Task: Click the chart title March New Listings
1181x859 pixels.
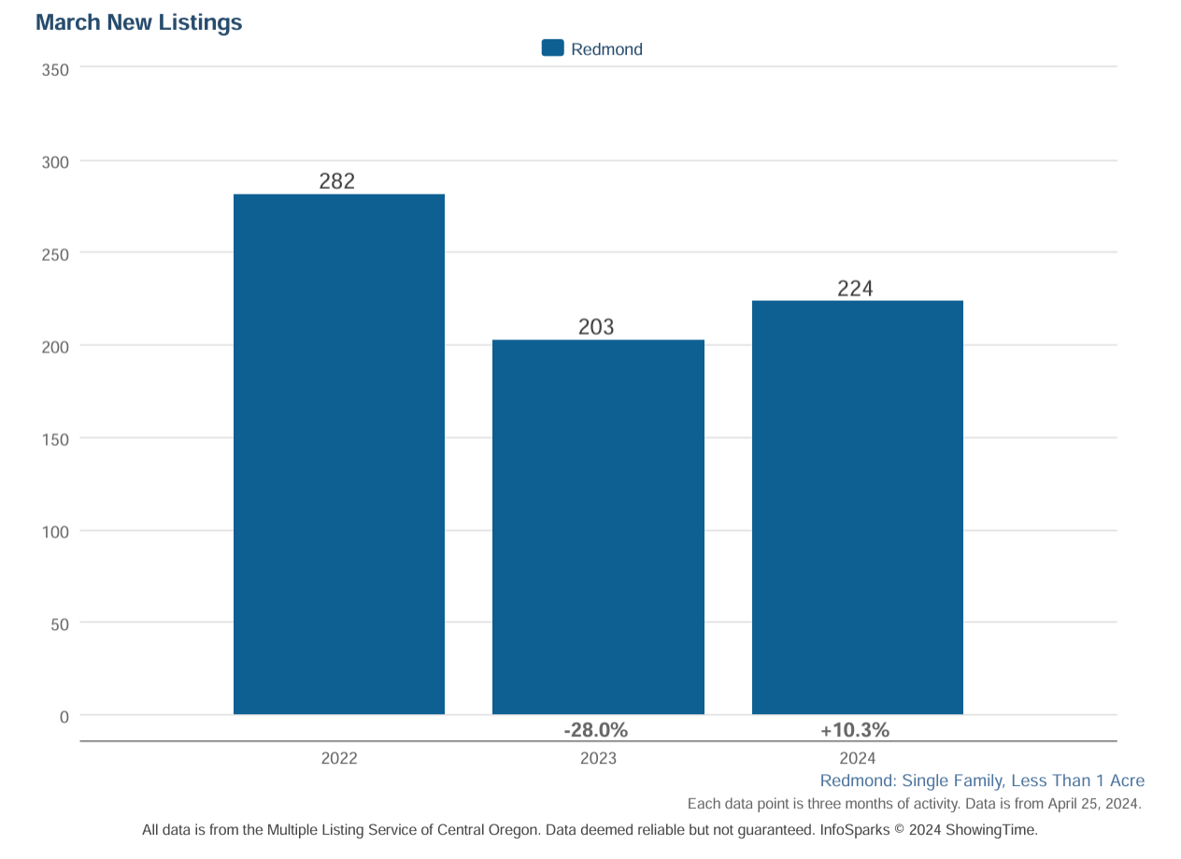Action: [138, 23]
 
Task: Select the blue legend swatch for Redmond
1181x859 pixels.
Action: [552, 49]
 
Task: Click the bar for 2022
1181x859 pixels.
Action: [338, 454]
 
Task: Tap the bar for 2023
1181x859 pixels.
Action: [598, 527]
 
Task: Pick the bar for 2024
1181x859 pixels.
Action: [857, 508]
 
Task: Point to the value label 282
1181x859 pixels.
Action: [337, 181]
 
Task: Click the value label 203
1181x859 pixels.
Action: [596, 326]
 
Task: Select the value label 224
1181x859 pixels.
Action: [855, 288]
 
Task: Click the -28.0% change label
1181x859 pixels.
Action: [596, 730]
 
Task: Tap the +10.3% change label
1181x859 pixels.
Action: [855, 730]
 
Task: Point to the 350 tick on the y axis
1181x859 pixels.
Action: [55, 69]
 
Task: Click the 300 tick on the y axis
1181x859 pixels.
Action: [55, 163]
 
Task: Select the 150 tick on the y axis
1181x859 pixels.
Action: [55, 439]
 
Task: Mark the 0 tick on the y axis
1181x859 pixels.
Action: [64, 717]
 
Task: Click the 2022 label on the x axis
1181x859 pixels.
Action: [338, 758]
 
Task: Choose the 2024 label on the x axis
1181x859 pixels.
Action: [857, 758]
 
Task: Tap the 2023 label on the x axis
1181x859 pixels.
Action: [598, 758]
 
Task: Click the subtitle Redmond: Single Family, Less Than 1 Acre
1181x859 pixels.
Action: [982, 780]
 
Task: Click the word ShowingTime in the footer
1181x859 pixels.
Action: [991, 829]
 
